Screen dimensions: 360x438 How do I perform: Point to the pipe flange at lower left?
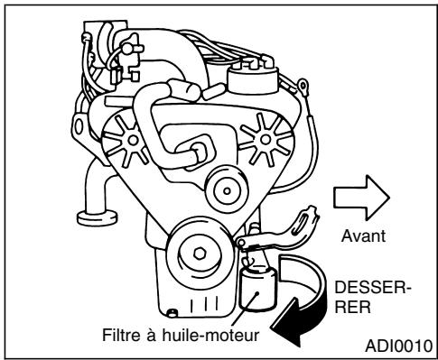click(x=92, y=216)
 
